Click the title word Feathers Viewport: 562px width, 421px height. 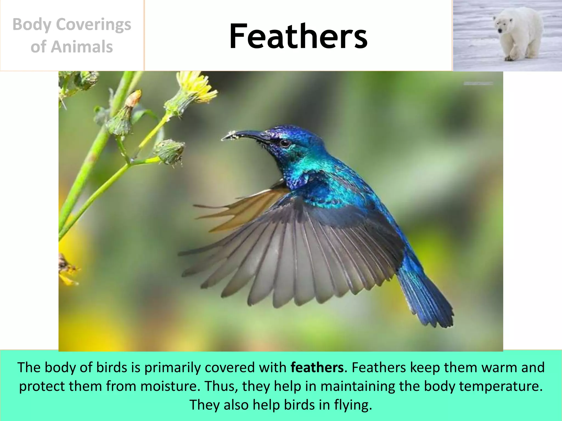pyautogui.click(x=298, y=36)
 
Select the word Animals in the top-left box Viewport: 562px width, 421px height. pyautogui.click(x=82, y=47)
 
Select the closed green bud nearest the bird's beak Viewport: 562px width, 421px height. pyautogui.click(x=170, y=152)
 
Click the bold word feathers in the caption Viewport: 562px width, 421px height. pyautogui.click(x=317, y=368)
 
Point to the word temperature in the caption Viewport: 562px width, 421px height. pyautogui.click(x=500, y=386)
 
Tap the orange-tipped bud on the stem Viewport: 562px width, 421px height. pyautogui.click(x=134, y=98)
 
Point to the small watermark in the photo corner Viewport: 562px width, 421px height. pyautogui.click(x=478, y=83)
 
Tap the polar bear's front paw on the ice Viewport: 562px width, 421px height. pyautogui.click(x=510, y=58)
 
